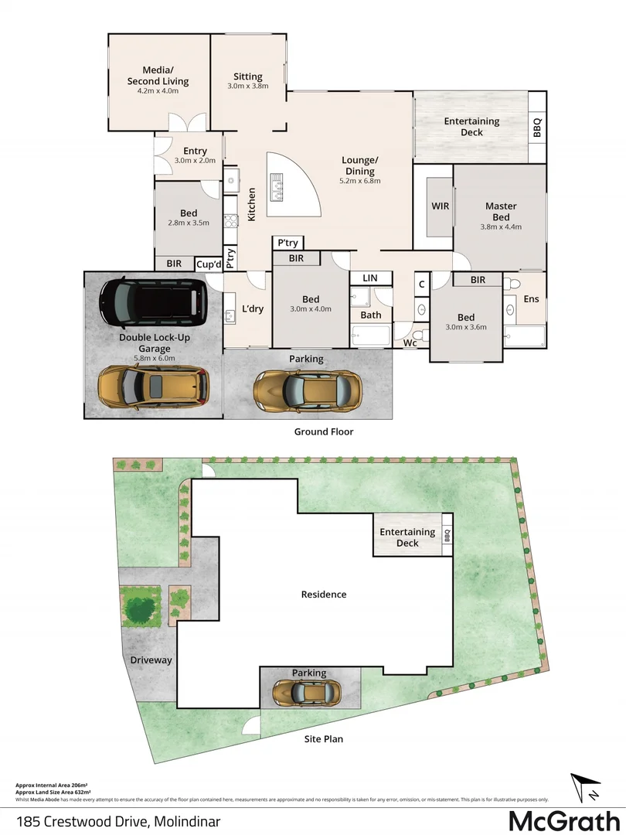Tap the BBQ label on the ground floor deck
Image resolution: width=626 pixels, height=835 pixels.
[x=537, y=128]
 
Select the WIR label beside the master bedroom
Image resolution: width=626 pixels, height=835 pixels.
[x=441, y=206]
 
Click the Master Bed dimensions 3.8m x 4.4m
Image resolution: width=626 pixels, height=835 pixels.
[x=501, y=227]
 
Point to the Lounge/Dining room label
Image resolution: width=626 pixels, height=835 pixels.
[x=359, y=165]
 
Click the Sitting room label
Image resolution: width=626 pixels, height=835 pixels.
[x=248, y=77]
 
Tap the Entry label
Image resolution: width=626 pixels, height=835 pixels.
[x=195, y=151]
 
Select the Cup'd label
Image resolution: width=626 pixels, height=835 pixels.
[x=209, y=264]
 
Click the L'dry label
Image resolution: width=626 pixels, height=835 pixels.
[x=253, y=308]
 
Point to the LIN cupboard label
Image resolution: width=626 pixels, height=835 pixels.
[x=369, y=278]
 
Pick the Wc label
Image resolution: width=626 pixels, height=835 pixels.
[x=410, y=343]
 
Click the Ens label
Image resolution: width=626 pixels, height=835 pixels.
[x=531, y=298]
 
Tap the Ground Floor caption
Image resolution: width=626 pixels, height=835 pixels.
[x=323, y=431]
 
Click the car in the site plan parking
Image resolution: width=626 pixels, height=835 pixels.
[x=308, y=693]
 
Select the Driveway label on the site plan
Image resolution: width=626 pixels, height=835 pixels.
[x=151, y=660]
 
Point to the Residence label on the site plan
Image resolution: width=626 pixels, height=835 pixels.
[x=324, y=595]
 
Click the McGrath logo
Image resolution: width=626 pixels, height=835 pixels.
[x=564, y=819]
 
